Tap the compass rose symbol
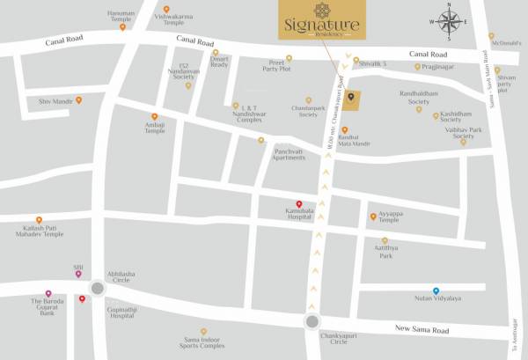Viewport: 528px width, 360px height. [x=450, y=23]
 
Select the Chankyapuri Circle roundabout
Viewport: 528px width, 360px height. [x=313, y=322]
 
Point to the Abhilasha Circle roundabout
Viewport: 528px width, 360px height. [x=98, y=287]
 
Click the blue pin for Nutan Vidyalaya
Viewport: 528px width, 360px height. [x=436, y=290]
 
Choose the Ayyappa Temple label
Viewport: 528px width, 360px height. [x=395, y=217]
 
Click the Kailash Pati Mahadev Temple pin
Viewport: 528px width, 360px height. [x=39, y=220]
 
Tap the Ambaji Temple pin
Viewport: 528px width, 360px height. [x=155, y=116]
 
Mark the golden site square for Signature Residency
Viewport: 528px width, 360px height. [x=351, y=100]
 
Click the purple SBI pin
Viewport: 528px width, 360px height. [x=78, y=274]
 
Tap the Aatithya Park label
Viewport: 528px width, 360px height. [x=385, y=253]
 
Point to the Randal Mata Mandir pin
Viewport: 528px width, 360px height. [x=345, y=130]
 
